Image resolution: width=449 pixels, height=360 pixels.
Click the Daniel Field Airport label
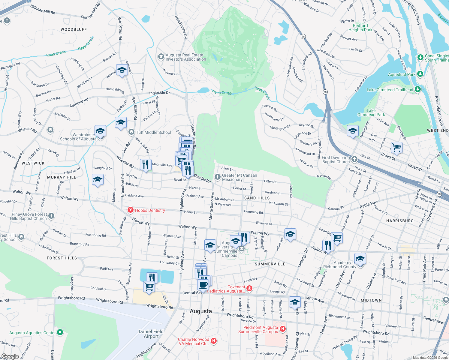[x=151, y=334]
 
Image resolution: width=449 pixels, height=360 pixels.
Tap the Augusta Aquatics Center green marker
[x=60, y=332]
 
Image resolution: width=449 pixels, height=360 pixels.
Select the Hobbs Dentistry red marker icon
[x=131, y=210]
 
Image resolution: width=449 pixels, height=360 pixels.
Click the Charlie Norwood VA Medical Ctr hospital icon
[x=214, y=341]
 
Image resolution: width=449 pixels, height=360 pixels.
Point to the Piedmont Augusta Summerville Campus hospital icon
[x=282, y=329]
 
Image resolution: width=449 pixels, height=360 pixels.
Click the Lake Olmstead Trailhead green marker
[x=417, y=89]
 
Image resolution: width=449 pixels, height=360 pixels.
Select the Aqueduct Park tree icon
[x=420, y=74]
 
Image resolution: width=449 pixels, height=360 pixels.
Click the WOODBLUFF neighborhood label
[x=74, y=29]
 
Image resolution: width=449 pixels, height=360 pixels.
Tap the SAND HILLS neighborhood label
[x=257, y=198]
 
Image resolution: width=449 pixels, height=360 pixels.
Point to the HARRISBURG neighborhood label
[x=400, y=221]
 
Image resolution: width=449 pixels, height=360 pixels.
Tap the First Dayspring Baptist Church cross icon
[x=354, y=159]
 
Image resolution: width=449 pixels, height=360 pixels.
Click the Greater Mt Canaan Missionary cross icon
[x=217, y=177]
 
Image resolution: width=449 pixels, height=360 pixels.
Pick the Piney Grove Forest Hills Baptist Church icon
[x=51, y=216]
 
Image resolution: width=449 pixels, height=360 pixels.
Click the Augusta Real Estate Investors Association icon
[x=161, y=57]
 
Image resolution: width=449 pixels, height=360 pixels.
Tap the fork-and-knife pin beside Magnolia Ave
[x=146, y=164]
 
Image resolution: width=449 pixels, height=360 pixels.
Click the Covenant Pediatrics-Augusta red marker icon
[x=249, y=289]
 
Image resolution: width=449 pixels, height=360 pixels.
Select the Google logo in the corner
[x=10, y=356]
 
